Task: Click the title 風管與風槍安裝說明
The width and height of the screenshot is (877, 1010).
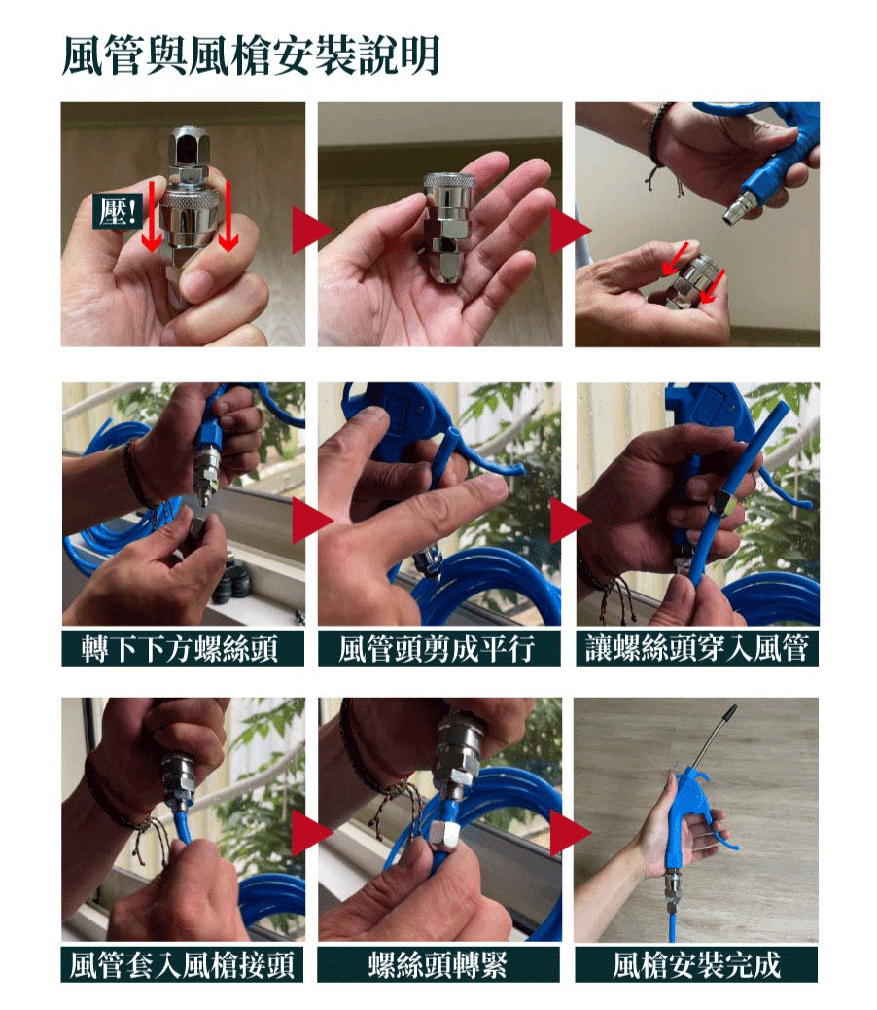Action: [251, 55]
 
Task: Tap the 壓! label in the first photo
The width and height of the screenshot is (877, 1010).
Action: [117, 210]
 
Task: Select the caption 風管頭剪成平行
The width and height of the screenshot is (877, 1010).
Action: [438, 649]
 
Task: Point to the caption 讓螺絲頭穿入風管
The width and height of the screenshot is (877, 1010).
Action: [697, 647]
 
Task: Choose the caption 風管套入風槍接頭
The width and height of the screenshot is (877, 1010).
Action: [182, 964]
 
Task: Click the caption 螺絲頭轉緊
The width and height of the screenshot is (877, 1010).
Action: [438, 964]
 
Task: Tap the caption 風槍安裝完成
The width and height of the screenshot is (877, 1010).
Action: [696, 964]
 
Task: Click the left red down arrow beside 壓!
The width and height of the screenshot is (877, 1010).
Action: [152, 216]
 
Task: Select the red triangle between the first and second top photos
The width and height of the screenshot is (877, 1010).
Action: [310, 230]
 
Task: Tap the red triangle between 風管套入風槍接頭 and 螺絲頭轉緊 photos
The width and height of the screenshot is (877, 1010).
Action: [310, 832]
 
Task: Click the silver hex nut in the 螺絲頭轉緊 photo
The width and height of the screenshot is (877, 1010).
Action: [444, 836]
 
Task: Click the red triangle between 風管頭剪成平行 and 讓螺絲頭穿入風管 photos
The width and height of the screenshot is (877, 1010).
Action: [569, 520]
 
